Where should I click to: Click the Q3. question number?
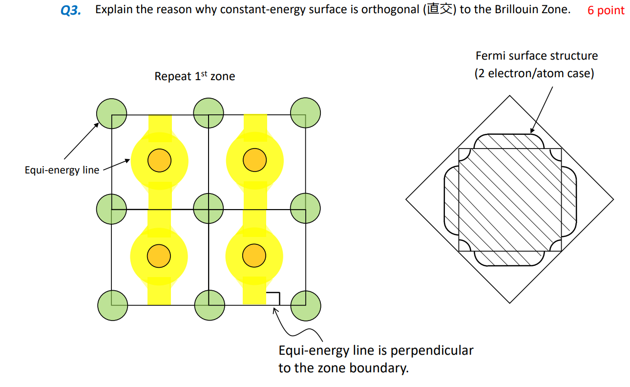[71, 11]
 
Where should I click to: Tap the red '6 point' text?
[606, 10]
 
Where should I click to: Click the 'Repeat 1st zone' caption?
[194, 76]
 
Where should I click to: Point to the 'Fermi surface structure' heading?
[536, 56]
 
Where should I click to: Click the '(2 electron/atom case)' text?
[534, 74]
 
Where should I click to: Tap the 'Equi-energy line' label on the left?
[62, 170]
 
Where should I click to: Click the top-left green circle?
[111, 114]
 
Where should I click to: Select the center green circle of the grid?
[209, 209]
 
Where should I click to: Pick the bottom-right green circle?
[306, 305]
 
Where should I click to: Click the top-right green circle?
[305, 113]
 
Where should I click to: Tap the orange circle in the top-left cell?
[159, 161]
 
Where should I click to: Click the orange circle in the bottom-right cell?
[254, 256]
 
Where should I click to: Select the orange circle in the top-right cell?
[254, 160]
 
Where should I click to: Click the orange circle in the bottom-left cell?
[159, 256]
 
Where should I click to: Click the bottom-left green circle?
[112, 305]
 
